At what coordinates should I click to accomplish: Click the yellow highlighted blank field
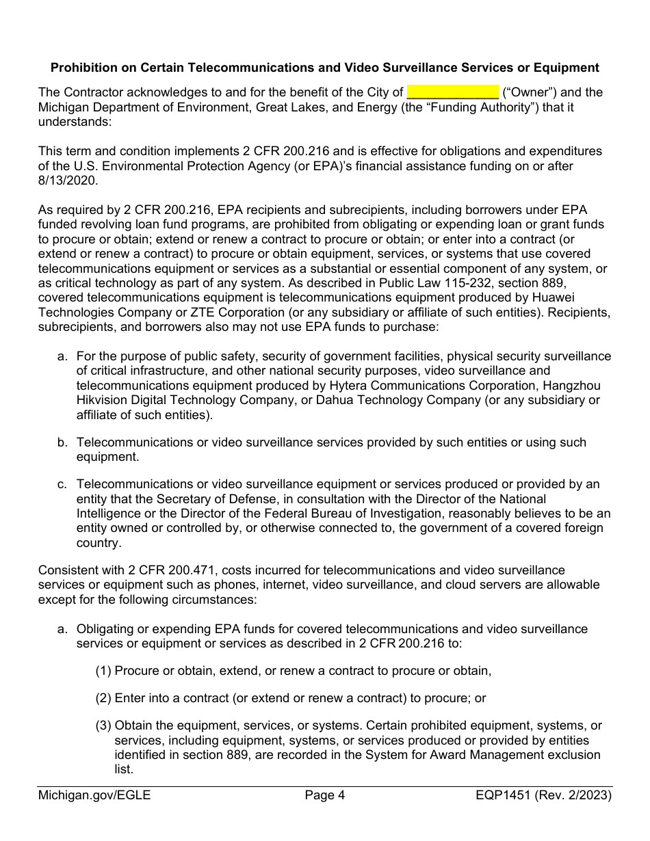[452, 92]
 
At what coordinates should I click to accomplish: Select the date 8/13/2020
[68, 180]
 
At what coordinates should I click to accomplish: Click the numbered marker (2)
[103, 698]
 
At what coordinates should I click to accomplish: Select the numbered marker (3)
[103, 725]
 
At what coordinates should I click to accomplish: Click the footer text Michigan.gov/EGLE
[94, 795]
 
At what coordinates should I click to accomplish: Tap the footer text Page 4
[325, 795]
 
